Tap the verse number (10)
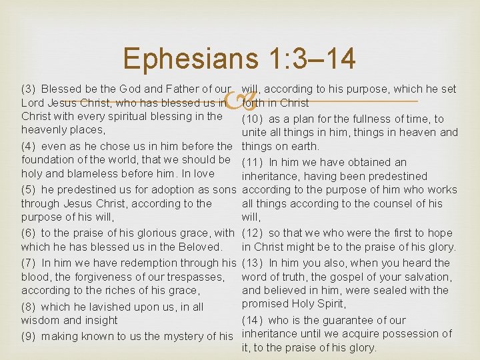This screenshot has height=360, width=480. click(x=254, y=119)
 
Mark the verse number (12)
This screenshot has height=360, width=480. click(x=254, y=233)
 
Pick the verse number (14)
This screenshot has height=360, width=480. click(x=254, y=320)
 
